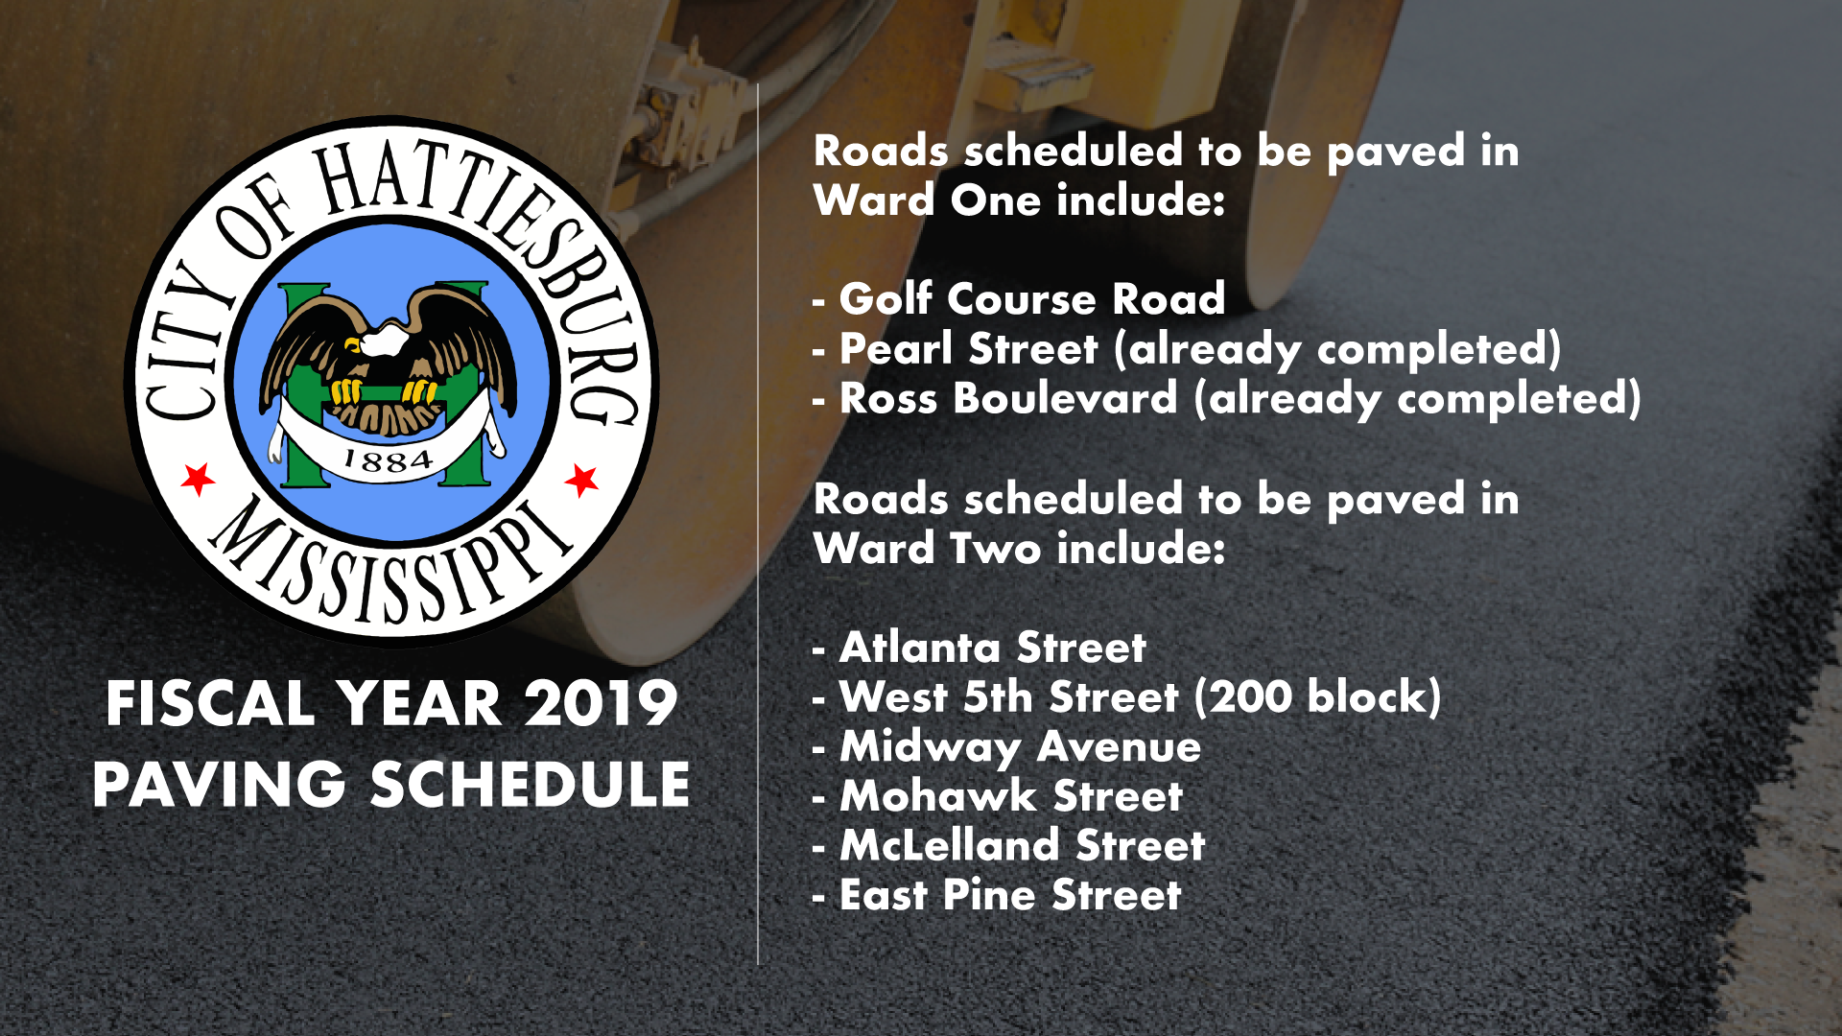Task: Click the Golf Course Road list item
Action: pos(1019,299)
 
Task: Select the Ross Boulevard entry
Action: pos(1226,399)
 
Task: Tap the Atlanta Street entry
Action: pos(979,647)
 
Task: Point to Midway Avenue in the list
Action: pos(1006,747)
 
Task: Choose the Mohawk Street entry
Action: pos(998,796)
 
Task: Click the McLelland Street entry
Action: pos(1008,846)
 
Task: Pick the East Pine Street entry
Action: pos(997,895)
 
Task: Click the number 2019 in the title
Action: pos(601,703)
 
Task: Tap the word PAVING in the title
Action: pos(219,784)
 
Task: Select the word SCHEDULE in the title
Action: pos(531,784)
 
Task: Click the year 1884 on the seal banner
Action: pos(388,461)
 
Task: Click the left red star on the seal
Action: pos(198,478)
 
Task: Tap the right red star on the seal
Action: pos(581,480)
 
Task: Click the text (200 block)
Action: pos(1318,697)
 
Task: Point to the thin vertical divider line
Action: pos(758,524)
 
